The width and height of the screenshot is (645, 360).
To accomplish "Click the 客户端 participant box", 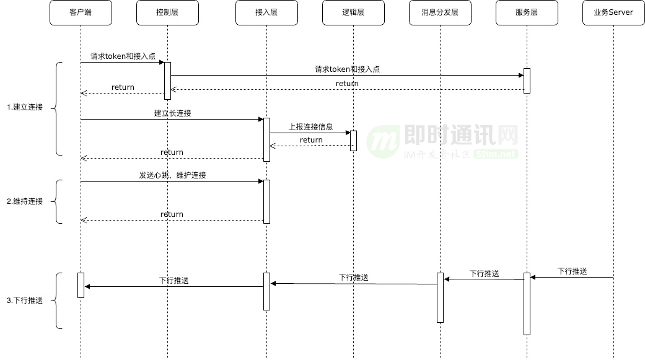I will point(81,12).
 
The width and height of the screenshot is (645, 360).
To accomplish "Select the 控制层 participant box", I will point(167,12).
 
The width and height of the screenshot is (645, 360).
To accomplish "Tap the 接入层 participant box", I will point(266,12).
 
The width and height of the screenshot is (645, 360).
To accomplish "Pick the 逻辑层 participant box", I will point(353,12).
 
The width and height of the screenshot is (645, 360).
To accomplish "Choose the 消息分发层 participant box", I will point(440,12).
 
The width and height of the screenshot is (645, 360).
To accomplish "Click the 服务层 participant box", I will point(527,12).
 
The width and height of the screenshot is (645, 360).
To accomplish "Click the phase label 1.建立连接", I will point(25,107).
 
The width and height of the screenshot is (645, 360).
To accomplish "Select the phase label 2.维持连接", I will point(25,201).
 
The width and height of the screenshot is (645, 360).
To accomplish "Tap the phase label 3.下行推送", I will point(25,301).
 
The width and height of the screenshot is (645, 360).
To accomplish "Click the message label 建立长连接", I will point(172,113).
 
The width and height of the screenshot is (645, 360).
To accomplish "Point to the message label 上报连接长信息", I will point(311,127).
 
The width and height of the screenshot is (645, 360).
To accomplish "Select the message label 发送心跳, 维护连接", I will point(172,175).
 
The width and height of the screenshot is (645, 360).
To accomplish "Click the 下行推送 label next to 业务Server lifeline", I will point(572,271).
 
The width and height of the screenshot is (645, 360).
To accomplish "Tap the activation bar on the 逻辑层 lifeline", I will point(353,141).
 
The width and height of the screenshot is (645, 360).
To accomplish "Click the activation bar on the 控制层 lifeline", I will point(167,81).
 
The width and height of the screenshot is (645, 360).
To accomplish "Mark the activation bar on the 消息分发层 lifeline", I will point(440,297).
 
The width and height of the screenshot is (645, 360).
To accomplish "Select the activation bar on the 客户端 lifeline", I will point(81,285).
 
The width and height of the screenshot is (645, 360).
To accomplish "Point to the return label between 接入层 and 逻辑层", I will point(311,140).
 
